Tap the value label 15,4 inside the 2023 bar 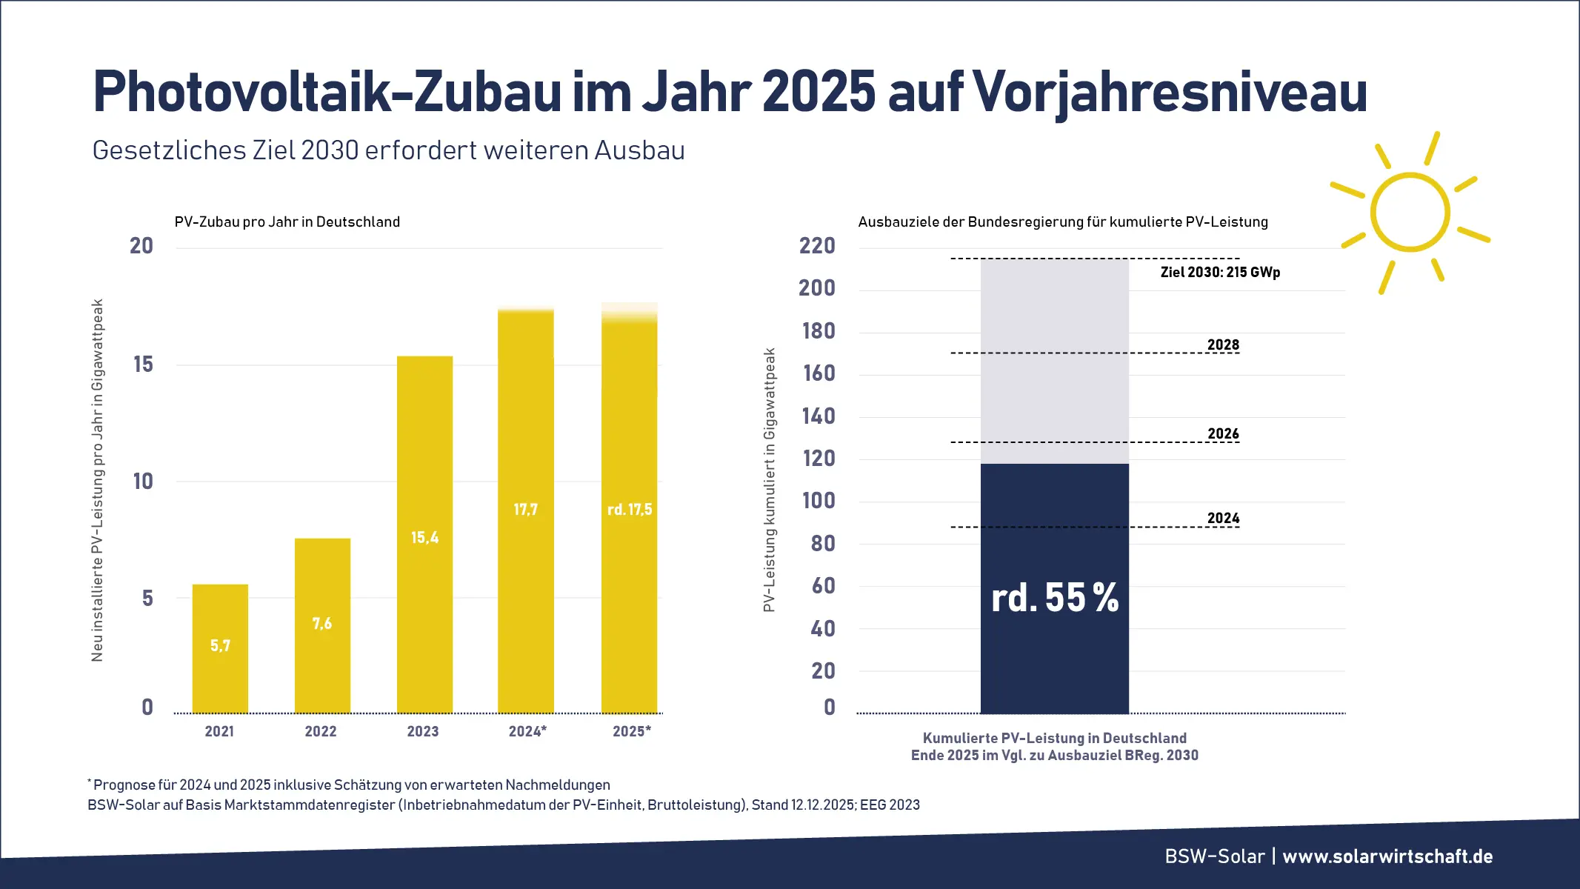pyautogui.click(x=424, y=537)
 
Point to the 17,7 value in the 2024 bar pyautogui.click(x=525, y=510)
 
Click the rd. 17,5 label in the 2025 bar pyautogui.click(x=630, y=510)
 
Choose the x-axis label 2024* pyautogui.click(x=527, y=731)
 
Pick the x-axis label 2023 pyautogui.click(x=423, y=731)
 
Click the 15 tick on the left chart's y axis pyautogui.click(x=143, y=364)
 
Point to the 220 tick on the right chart pyautogui.click(x=817, y=246)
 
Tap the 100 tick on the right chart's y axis pyautogui.click(x=819, y=501)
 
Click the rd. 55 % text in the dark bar pyautogui.click(x=1055, y=597)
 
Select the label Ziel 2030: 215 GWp pyautogui.click(x=1220, y=272)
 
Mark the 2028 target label pyautogui.click(x=1223, y=344)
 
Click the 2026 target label pyautogui.click(x=1223, y=433)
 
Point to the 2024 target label pyautogui.click(x=1223, y=518)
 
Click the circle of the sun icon pyautogui.click(x=1410, y=213)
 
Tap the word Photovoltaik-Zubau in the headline pyautogui.click(x=326, y=92)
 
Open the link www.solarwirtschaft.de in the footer pyautogui.click(x=1387, y=856)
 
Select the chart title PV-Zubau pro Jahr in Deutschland pyautogui.click(x=287, y=222)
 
